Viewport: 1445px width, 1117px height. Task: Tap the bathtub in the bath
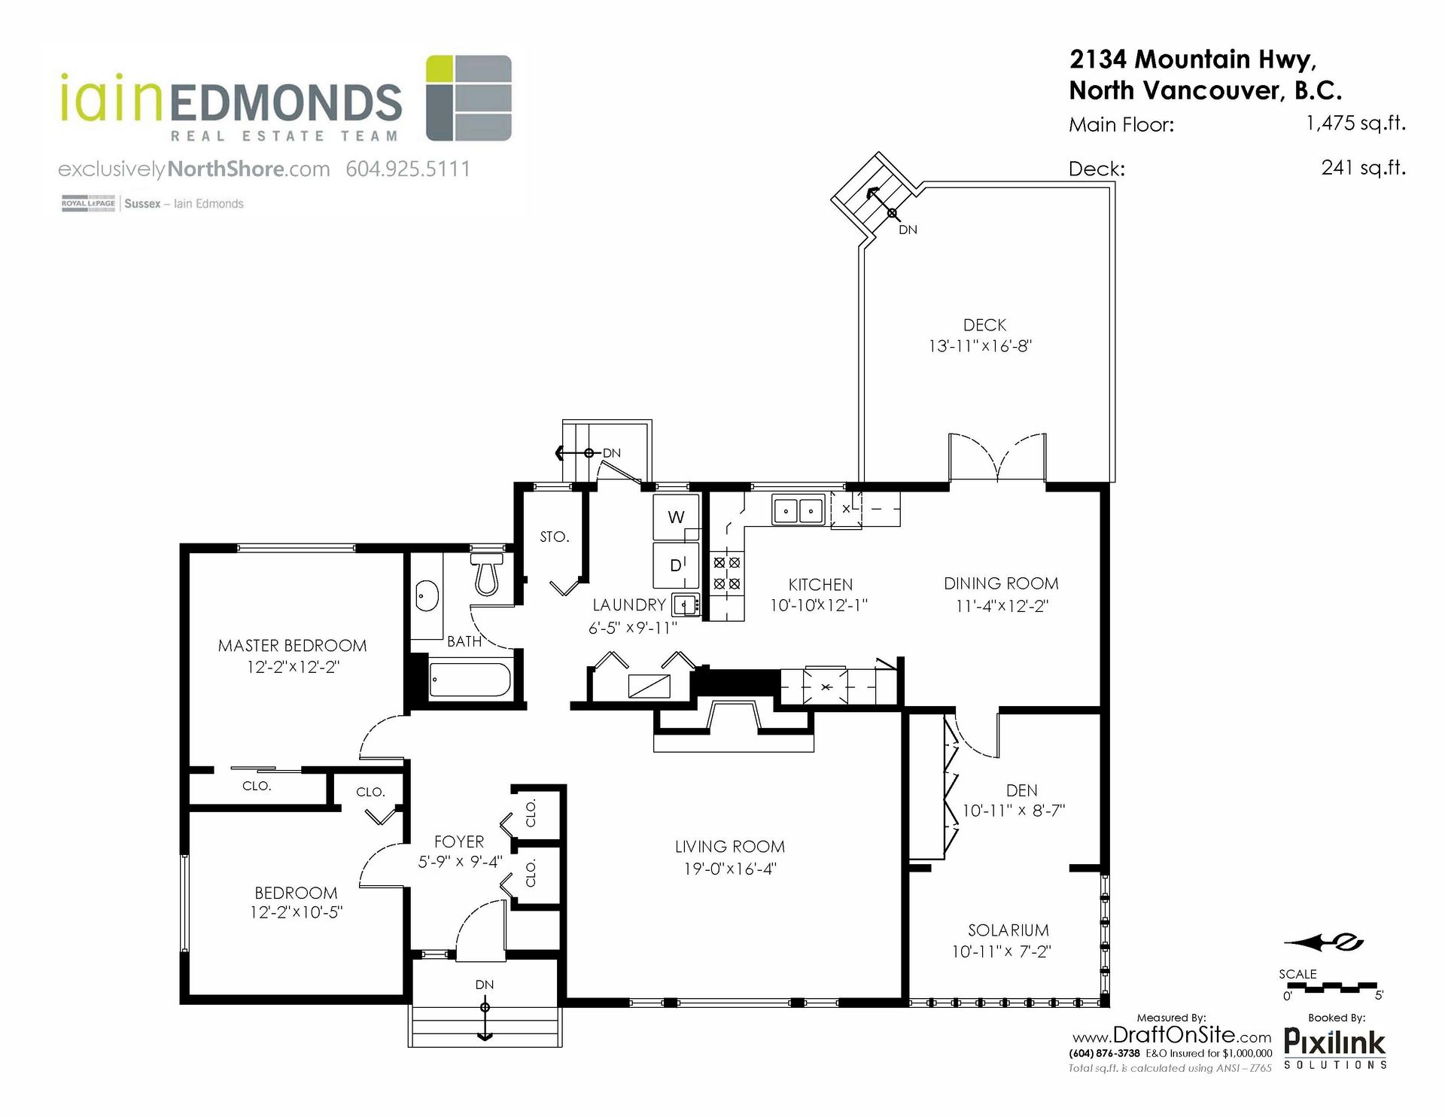point(470,680)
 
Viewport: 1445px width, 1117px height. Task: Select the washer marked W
point(676,517)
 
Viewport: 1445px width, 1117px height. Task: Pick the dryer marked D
point(677,564)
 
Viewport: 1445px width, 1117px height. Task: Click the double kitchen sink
point(798,510)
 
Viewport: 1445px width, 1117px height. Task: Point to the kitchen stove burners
point(727,573)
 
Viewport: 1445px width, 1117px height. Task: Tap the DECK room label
point(984,325)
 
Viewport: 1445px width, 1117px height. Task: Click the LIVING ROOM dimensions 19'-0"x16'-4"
point(730,869)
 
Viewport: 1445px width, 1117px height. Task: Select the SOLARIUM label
point(1008,930)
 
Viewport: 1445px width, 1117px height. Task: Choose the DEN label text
point(1021,790)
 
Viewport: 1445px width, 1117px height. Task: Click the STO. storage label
point(555,537)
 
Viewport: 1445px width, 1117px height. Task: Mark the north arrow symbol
point(1324,942)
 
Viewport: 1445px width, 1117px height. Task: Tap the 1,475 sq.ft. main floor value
point(1355,123)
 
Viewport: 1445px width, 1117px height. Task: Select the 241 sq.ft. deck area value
point(1363,167)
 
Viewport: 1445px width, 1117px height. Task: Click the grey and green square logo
point(469,98)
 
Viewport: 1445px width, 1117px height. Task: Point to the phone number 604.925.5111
point(408,169)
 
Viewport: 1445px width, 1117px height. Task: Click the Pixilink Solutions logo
point(1334,1049)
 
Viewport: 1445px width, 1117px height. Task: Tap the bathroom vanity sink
point(427,597)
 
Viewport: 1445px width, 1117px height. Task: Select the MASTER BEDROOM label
point(292,646)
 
